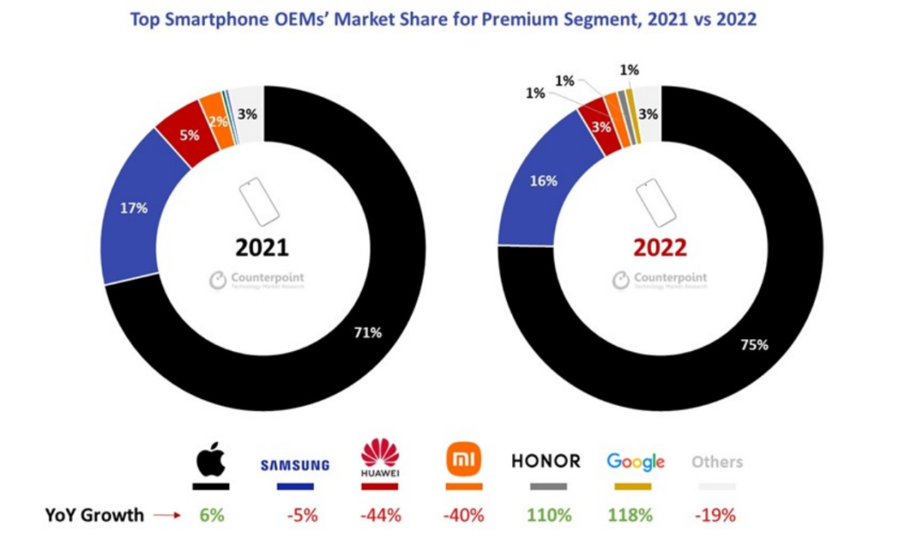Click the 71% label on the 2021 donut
(x=367, y=332)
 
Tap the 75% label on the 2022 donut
(x=755, y=345)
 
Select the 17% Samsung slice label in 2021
(x=133, y=208)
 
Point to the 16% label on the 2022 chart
(x=544, y=181)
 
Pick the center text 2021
(x=262, y=248)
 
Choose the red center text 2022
(x=660, y=248)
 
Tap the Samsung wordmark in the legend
(x=294, y=466)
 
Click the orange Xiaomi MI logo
(x=465, y=460)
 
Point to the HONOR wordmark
(x=545, y=461)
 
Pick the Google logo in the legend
(x=635, y=462)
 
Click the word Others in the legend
(x=717, y=462)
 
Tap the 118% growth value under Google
(x=632, y=515)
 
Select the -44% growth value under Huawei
(x=379, y=515)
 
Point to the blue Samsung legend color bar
(x=294, y=487)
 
